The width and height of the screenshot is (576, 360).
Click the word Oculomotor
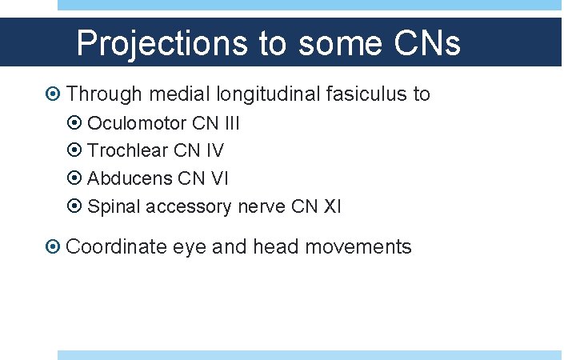pos(137,124)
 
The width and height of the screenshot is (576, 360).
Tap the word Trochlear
pos(127,150)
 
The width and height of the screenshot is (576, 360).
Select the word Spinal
pos(112,206)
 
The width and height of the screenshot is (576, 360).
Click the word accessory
pos(186,206)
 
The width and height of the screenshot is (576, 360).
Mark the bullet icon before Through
pos(53,94)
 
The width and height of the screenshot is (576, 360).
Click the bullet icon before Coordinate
pos(53,247)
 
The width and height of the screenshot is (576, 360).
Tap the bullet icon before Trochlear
pos(74,150)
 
